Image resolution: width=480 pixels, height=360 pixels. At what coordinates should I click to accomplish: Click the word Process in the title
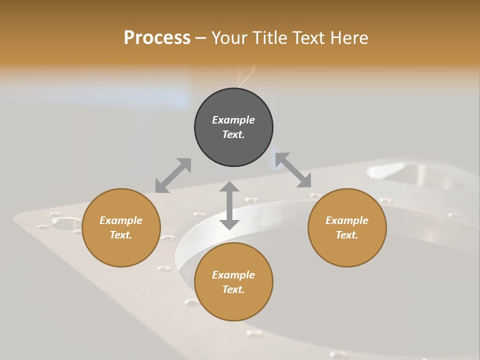click(x=157, y=38)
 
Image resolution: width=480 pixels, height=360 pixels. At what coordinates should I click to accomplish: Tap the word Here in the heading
click(x=349, y=38)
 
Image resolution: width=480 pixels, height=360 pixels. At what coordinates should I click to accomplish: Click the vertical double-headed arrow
click(x=229, y=205)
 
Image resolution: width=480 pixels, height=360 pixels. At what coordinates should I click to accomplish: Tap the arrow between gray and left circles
click(x=173, y=175)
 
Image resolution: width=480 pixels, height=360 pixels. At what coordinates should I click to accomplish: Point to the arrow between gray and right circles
click(x=293, y=170)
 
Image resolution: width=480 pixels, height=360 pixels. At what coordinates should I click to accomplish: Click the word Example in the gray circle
click(x=233, y=120)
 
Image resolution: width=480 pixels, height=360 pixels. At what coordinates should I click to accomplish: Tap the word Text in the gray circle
click(x=233, y=134)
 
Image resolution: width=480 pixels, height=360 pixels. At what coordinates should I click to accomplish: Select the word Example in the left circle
click(x=121, y=220)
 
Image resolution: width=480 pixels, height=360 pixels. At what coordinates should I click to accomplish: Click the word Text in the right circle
click(x=346, y=235)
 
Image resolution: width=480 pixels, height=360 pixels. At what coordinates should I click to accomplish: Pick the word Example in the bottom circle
click(x=233, y=275)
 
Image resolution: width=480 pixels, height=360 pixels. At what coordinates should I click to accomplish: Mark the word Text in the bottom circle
click(x=233, y=289)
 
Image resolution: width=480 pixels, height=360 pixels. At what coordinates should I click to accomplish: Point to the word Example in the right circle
click(x=347, y=220)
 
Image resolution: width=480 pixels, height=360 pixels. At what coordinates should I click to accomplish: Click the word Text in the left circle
click(x=120, y=235)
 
